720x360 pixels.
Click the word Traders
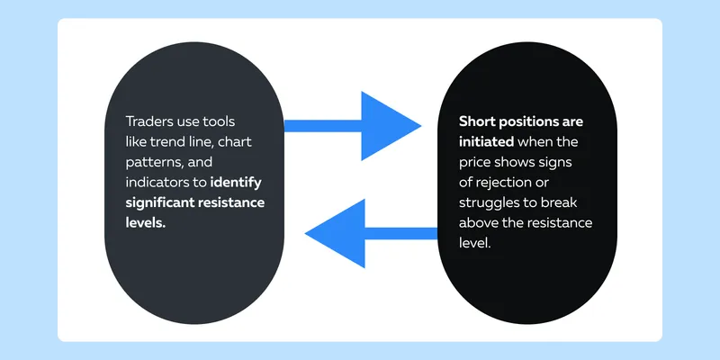148,121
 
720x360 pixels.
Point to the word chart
235,142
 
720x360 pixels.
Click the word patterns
151,163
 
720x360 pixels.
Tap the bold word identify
236,183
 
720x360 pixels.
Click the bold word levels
146,222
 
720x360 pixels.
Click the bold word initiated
486,142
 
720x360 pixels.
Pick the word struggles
486,203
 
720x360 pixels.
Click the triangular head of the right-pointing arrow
391,126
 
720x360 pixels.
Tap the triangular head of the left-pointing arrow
335,233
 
